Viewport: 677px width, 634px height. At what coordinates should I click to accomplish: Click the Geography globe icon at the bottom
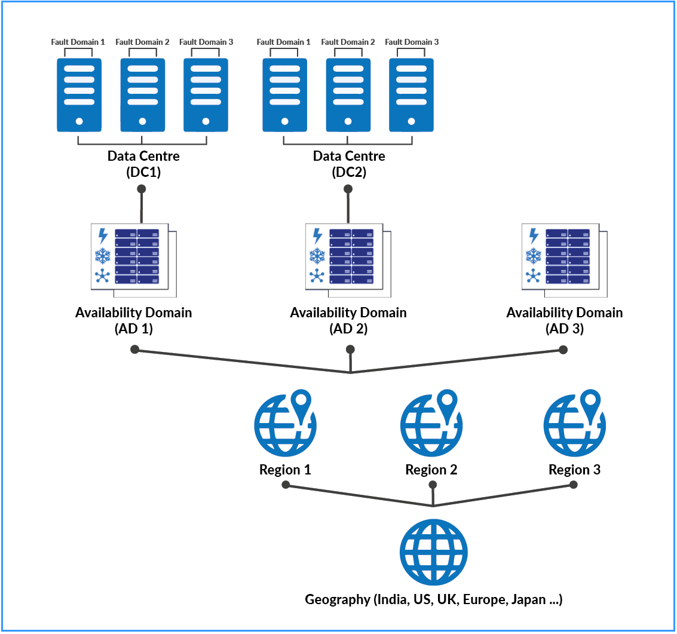pyautogui.click(x=433, y=552)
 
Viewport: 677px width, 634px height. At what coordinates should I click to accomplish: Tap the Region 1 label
pyautogui.click(x=285, y=470)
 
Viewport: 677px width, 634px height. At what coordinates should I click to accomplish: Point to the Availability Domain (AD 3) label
pyautogui.click(x=564, y=320)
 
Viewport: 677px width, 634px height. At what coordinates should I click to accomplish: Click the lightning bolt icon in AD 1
pyautogui.click(x=103, y=236)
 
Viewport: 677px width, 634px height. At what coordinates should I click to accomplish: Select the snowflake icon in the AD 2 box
pyautogui.click(x=317, y=256)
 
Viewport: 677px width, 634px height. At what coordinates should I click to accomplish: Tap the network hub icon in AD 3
pyautogui.click(x=533, y=276)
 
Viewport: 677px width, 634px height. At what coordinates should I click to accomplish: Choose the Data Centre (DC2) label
pyautogui.click(x=349, y=164)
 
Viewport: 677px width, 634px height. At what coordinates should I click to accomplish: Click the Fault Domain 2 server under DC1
pyautogui.click(x=142, y=94)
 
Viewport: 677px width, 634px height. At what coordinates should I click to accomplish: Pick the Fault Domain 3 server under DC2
pyautogui.click(x=411, y=94)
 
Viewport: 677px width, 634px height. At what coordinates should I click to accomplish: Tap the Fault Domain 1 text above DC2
pyautogui.click(x=283, y=42)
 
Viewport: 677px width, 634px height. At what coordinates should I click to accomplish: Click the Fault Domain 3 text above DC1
pyautogui.click(x=206, y=42)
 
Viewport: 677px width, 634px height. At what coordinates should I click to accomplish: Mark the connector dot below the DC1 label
pyautogui.click(x=142, y=189)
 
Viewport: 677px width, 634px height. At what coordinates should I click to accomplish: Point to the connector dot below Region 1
pyautogui.click(x=286, y=485)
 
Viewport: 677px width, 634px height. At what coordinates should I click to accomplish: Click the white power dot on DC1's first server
pyautogui.click(x=79, y=122)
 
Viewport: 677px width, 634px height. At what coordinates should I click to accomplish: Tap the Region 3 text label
pyautogui.click(x=574, y=470)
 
